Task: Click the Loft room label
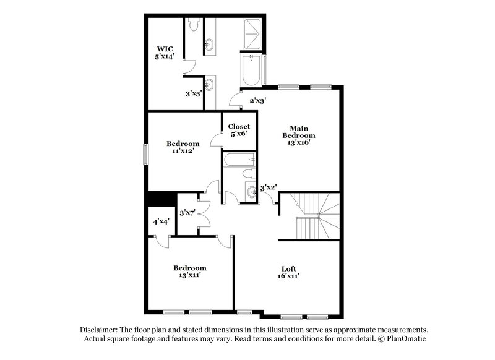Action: coord(288,268)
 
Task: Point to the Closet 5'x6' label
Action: coord(239,131)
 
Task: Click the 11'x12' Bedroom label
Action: coord(183,147)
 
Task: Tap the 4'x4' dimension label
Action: coord(161,221)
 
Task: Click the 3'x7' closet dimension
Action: coord(187,213)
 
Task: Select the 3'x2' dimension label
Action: coord(268,186)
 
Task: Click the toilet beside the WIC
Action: coord(192,25)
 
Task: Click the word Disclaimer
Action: coord(101,330)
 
